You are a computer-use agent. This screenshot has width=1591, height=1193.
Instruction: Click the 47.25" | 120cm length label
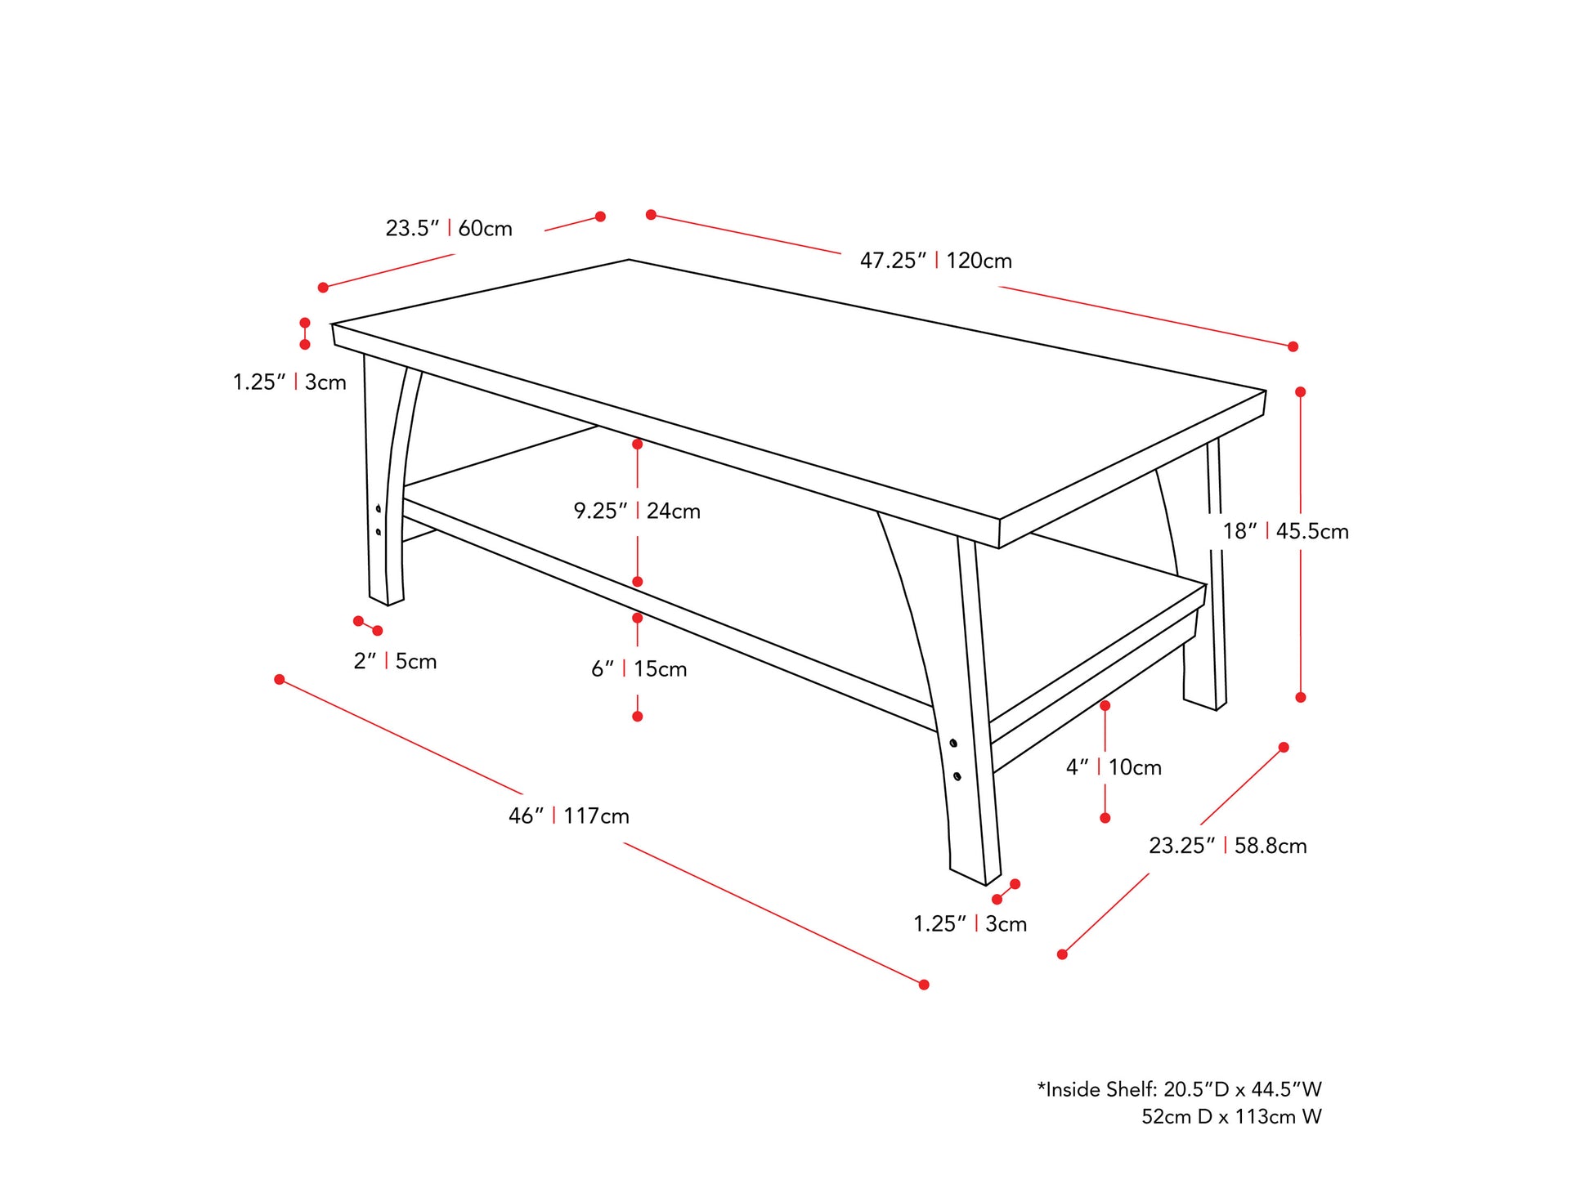pyautogui.click(x=935, y=261)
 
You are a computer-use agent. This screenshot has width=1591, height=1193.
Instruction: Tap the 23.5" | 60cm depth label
pyautogui.click(x=449, y=228)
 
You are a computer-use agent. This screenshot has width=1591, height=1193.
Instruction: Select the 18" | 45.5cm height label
pyautogui.click(x=1285, y=531)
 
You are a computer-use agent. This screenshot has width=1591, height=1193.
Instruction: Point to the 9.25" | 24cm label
pyautogui.click(x=637, y=511)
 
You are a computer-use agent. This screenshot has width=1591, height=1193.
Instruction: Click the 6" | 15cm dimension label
pyautogui.click(x=639, y=668)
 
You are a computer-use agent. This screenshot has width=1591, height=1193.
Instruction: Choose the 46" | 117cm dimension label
pyautogui.click(x=569, y=815)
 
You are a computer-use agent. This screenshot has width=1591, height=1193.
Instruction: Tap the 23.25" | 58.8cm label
pyautogui.click(x=1227, y=845)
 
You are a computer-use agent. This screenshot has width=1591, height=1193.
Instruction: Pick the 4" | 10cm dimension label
pyautogui.click(x=1114, y=766)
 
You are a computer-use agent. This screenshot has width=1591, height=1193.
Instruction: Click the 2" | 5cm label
pyautogui.click(x=395, y=660)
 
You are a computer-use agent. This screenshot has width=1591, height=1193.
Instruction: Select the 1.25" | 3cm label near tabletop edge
pyautogui.click(x=289, y=382)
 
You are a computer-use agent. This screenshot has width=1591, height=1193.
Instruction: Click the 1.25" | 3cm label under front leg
pyautogui.click(x=970, y=923)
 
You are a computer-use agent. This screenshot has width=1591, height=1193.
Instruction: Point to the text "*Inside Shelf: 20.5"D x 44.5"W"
pyautogui.click(x=1179, y=1088)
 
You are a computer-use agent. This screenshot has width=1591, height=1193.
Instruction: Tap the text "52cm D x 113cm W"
pyautogui.click(x=1231, y=1116)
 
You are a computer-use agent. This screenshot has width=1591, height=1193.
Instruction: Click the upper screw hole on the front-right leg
pyautogui.click(x=953, y=743)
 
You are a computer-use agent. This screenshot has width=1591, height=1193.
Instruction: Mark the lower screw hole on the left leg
pyautogui.click(x=378, y=532)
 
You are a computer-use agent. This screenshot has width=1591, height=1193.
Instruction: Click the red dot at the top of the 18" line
pyautogui.click(x=1300, y=392)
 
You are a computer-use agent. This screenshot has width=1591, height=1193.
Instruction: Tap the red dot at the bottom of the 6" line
pyautogui.click(x=638, y=717)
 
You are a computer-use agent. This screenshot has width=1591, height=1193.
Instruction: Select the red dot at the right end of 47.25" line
pyautogui.click(x=1293, y=346)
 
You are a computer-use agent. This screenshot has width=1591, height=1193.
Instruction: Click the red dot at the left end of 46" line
pyautogui.click(x=280, y=679)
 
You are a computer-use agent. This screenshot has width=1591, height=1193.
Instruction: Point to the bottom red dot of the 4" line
pyautogui.click(x=1105, y=818)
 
